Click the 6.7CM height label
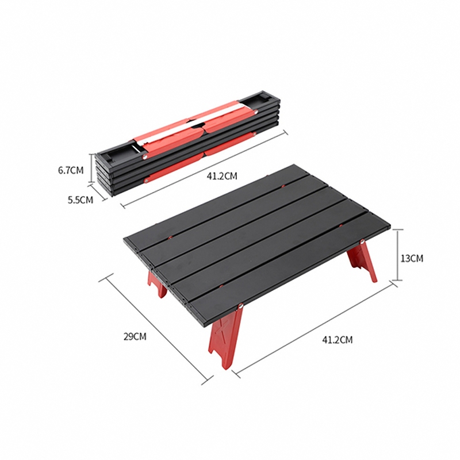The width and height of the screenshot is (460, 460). coord(71,170)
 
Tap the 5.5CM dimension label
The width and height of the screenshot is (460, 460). coord(80,200)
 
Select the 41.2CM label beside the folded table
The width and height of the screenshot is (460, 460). coord(222,176)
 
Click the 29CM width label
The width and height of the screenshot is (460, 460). coord(135,336)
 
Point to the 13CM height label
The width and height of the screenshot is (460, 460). coord(412,258)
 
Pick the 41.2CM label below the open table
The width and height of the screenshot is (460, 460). coord(337,340)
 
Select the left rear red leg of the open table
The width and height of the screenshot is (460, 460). coord(156,283)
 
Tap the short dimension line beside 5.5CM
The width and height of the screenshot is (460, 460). coord(99,194)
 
